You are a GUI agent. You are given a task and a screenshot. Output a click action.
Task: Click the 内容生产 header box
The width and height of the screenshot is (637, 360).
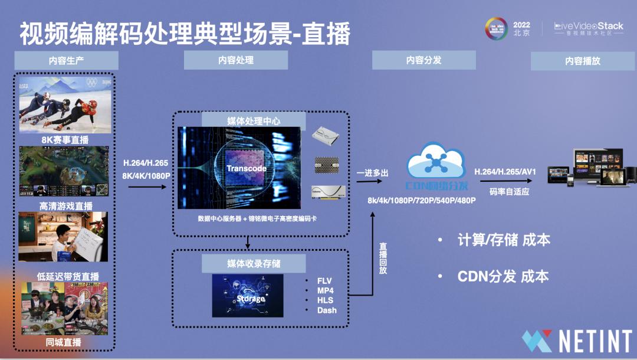point(66,61)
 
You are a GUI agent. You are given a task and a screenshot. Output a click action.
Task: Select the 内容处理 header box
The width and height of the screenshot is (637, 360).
point(235,60)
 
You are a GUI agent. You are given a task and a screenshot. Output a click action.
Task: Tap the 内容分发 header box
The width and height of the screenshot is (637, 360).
point(423,60)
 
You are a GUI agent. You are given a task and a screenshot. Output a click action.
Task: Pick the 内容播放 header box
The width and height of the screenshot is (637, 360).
point(583,61)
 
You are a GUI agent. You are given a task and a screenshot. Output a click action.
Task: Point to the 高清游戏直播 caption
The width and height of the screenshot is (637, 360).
point(65,207)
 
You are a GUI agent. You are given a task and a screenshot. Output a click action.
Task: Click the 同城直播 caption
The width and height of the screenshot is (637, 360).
point(63,342)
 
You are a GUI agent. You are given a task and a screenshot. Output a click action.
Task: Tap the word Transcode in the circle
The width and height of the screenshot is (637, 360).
point(247,168)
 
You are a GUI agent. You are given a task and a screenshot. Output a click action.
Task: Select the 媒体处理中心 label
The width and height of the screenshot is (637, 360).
point(254,121)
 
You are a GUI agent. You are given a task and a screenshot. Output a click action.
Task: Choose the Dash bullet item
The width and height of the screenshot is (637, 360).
point(327,310)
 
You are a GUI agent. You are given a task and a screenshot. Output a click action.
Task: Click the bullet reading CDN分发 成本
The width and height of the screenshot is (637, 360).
point(503,276)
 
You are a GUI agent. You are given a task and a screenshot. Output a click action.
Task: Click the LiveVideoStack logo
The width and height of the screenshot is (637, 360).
point(589,28)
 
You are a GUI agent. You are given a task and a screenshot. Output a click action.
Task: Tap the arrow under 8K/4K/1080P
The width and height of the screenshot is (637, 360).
point(147,186)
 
